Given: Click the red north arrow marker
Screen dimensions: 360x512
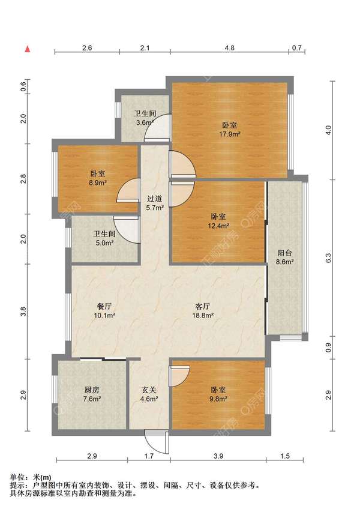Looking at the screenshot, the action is click(28, 49).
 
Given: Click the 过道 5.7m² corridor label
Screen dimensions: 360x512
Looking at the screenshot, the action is click(154, 203).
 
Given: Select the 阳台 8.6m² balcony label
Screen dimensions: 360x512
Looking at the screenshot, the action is click(284, 257).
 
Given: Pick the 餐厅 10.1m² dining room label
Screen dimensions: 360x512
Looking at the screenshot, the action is click(104, 311).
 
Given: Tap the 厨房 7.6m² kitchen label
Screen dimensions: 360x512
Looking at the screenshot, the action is click(92, 394).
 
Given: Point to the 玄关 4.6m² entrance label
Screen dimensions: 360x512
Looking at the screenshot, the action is click(149, 394).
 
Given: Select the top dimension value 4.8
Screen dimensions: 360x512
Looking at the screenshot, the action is click(229, 47).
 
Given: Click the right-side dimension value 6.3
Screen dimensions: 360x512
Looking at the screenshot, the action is click(328, 258).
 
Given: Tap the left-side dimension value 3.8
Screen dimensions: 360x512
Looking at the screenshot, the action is click(23, 312).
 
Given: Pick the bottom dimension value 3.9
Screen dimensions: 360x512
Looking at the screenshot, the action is click(218, 456).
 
